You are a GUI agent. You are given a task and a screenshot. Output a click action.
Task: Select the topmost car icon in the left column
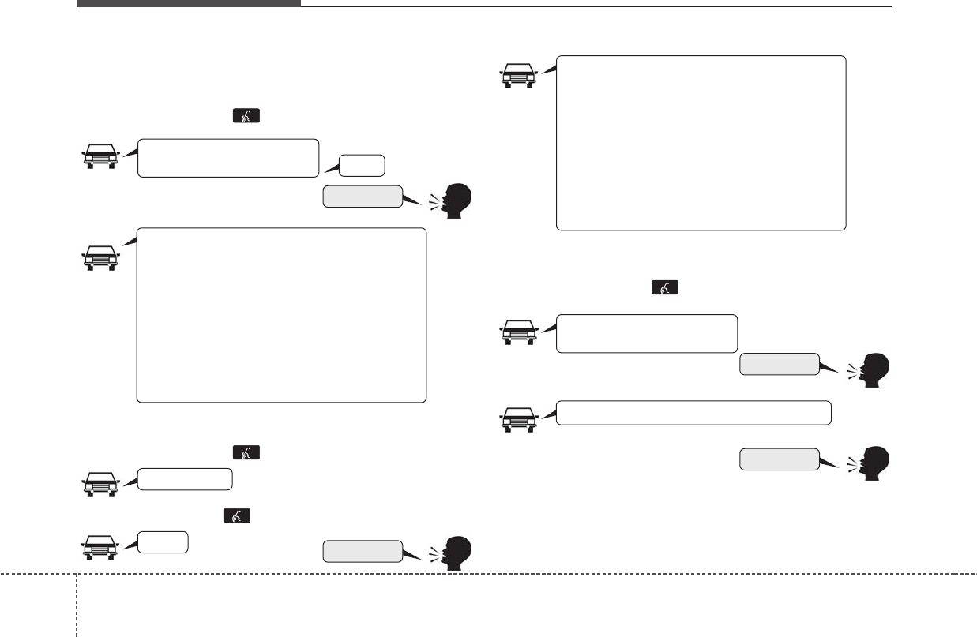tap(101, 156)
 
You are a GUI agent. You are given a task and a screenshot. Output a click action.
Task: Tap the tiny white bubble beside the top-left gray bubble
tap(363, 166)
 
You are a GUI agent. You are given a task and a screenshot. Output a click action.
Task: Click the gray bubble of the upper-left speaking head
tap(363, 197)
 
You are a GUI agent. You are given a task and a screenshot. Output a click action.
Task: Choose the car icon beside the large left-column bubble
tap(101, 257)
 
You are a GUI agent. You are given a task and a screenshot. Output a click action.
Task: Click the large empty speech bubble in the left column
tap(281, 316)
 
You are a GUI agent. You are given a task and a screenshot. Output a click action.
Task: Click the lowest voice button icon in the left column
tap(238, 515)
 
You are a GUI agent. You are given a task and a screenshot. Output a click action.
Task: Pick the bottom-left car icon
tap(101, 546)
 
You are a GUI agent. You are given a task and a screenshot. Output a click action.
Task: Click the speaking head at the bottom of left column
tap(453, 553)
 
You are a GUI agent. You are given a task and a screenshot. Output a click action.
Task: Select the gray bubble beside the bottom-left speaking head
tap(363, 551)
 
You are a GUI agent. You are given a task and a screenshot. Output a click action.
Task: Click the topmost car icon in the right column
tap(519, 75)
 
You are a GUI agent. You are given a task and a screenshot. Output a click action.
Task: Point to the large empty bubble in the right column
tap(701, 143)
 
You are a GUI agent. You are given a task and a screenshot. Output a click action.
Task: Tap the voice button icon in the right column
tap(664, 289)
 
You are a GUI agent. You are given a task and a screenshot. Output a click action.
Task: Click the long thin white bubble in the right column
tap(693, 413)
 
